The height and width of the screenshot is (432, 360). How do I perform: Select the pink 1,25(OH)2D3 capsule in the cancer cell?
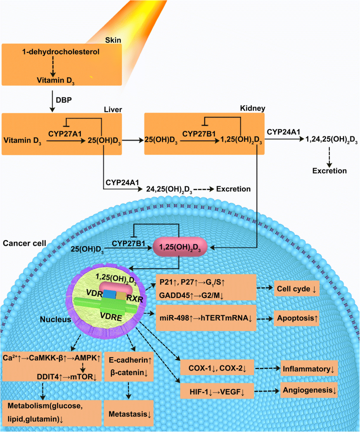(180, 247)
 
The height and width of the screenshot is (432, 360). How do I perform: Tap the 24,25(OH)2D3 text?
(170, 189)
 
